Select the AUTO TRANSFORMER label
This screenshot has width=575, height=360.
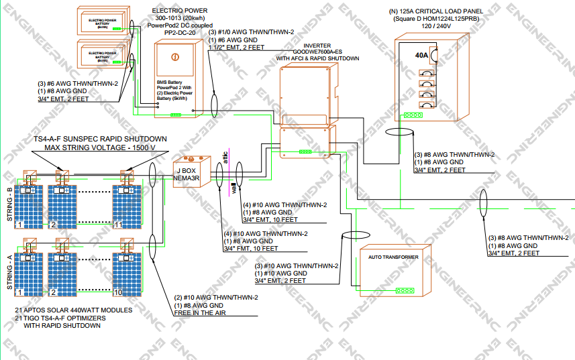click(x=393, y=257)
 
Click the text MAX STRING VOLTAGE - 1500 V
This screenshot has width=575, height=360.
click(x=100, y=147)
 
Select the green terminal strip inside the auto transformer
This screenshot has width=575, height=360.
click(x=405, y=291)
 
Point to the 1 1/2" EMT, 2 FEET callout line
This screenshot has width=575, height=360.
click(x=237, y=48)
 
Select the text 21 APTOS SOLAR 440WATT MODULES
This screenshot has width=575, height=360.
click(x=73, y=310)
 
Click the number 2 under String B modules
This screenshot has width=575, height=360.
click(x=53, y=224)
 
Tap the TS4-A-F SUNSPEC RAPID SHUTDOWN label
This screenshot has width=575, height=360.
click(x=100, y=138)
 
